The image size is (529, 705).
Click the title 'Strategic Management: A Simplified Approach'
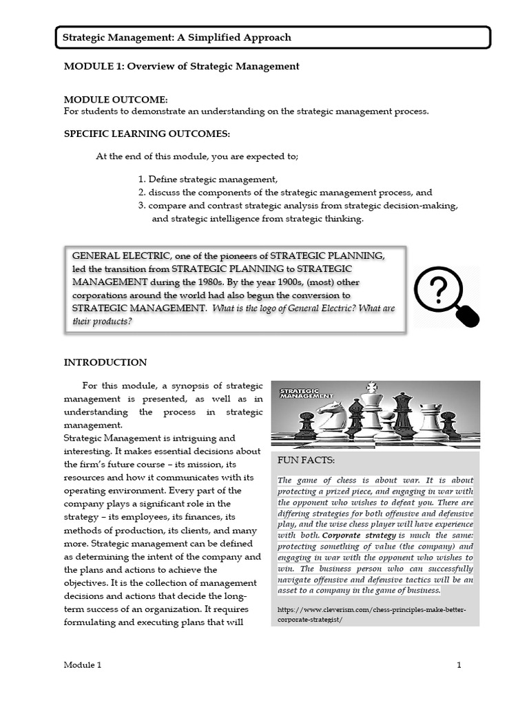(x=177, y=38)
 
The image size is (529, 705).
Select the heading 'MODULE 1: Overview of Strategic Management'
(x=181, y=67)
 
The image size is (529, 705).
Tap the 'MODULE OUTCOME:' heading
(x=115, y=100)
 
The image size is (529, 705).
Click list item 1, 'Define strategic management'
(x=208, y=179)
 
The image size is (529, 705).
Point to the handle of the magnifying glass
(x=469, y=316)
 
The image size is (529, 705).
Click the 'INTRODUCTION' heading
(x=105, y=363)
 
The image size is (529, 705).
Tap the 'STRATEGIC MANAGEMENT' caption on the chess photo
(x=306, y=393)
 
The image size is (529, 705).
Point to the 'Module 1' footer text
(x=83, y=665)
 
